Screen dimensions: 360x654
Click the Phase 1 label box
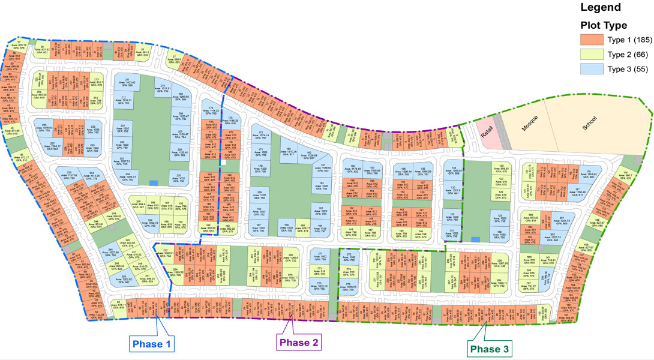[x=152, y=344]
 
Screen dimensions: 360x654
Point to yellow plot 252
[x=165, y=253]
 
